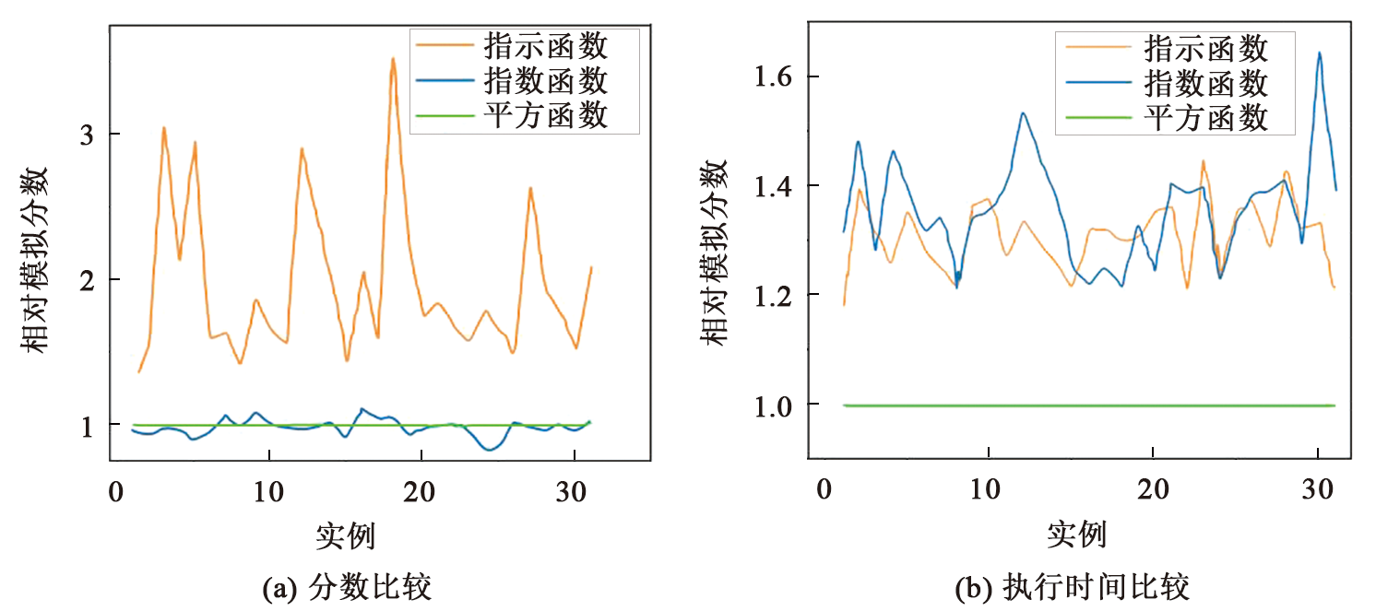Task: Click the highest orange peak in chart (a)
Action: click(393, 60)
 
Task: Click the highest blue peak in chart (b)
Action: click(1320, 53)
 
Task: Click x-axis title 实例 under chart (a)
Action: click(345, 535)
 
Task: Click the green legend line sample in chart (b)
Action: click(1097, 118)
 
